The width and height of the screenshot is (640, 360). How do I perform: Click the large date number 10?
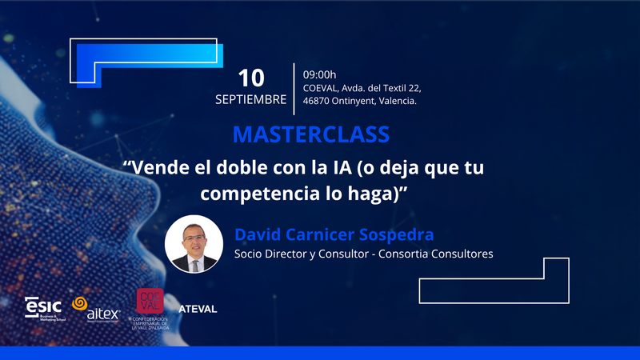(x=251, y=77)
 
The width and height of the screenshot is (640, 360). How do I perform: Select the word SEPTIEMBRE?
(x=250, y=100)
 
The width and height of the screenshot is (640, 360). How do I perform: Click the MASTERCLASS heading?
(x=311, y=134)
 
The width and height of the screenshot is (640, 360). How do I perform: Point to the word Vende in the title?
(x=161, y=169)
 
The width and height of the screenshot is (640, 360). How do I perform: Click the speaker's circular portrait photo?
(x=194, y=243)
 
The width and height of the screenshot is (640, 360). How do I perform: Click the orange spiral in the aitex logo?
(x=79, y=304)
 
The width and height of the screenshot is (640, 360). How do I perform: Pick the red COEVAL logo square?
(x=151, y=301)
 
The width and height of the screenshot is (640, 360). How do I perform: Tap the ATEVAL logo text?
(x=198, y=309)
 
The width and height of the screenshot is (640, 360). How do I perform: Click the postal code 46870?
(x=317, y=102)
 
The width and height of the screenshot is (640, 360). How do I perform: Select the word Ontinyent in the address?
(x=362, y=102)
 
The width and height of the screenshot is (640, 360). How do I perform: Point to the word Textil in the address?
(x=388, y=87)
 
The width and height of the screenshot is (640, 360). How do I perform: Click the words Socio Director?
(x=268, y=254)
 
